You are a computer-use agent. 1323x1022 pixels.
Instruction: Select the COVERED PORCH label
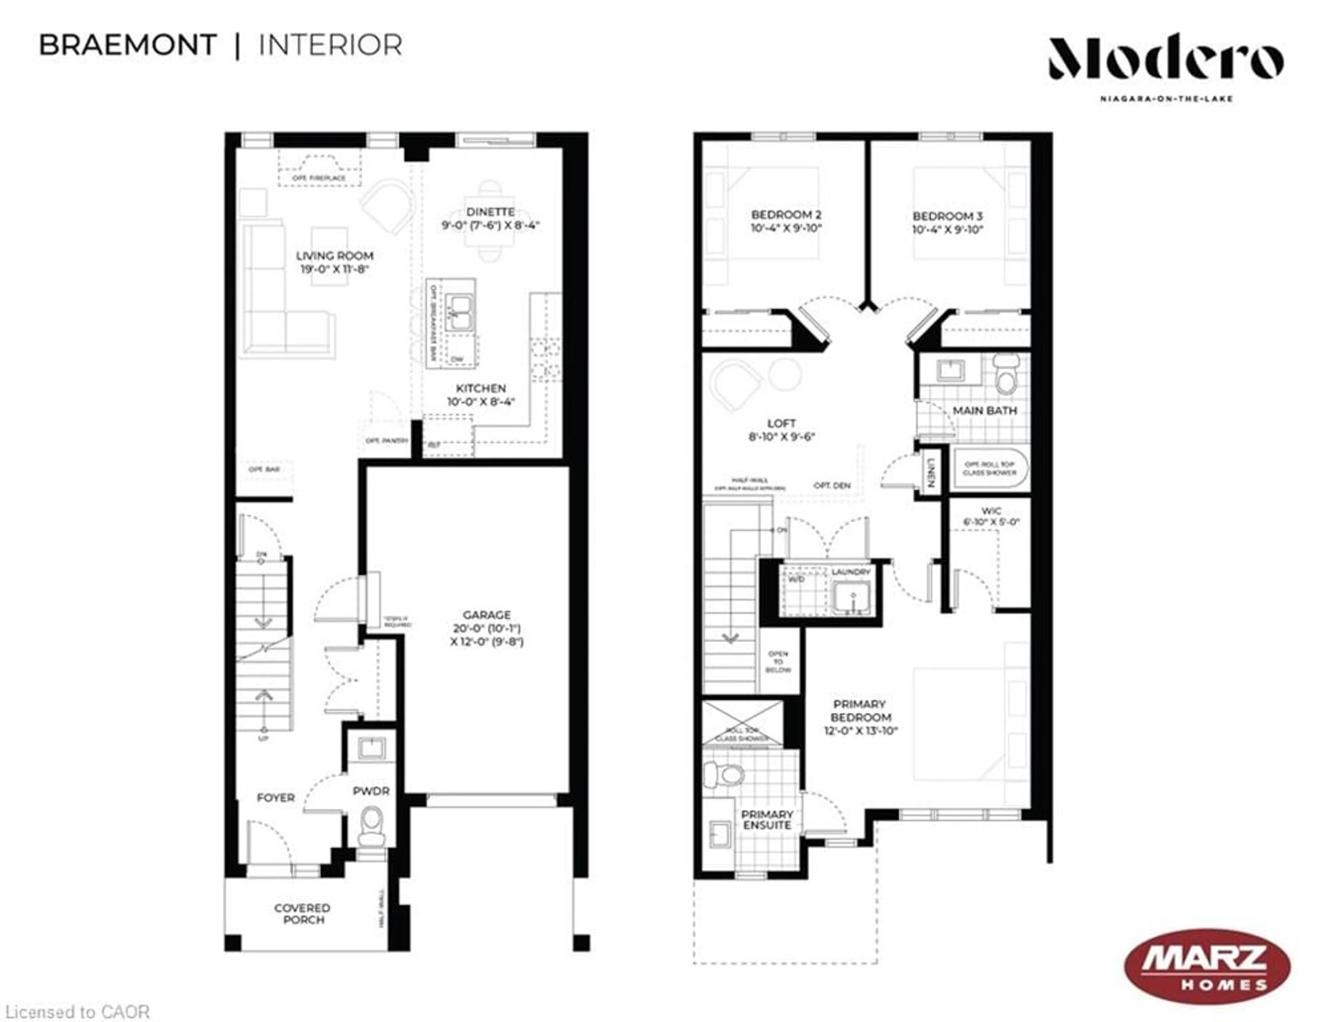[302, 913]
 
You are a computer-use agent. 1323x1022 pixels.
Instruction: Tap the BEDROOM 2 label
[786, 214]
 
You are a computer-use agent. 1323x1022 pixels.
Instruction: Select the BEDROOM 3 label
[947, 216]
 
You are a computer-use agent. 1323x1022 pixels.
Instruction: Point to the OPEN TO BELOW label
[778, 661]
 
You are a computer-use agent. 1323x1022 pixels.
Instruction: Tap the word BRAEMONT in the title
[128, 46]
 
